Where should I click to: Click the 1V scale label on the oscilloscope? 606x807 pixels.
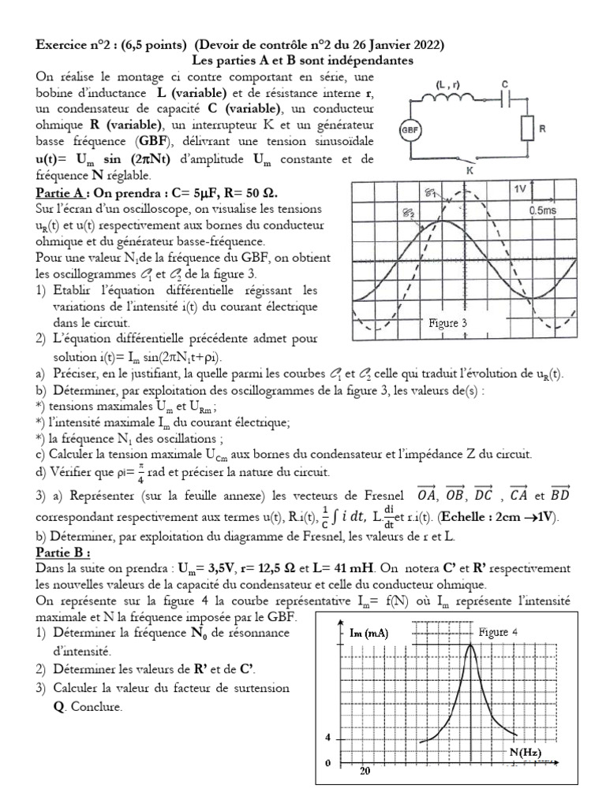[x=520, y=190]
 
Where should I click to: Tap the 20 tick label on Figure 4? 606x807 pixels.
[x=365, y=771]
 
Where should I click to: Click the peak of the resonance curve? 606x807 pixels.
[x=471, y=645]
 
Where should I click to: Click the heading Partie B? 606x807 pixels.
[x=62, y=552]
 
